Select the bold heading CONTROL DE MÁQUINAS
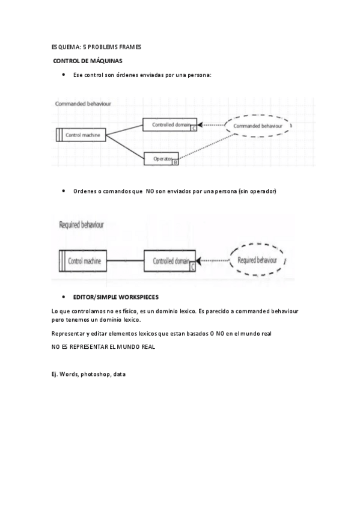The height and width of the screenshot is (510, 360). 88,61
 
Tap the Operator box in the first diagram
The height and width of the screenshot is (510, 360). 162,159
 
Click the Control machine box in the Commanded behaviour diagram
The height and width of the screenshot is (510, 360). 81,135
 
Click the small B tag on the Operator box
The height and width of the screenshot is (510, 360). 175,162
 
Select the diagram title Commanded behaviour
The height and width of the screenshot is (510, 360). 83,103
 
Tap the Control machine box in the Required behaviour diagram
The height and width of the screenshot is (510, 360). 84,262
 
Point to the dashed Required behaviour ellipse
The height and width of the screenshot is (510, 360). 257,260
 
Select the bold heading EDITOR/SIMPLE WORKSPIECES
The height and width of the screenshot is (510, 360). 116,297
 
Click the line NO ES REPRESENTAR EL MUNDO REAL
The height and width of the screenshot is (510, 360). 103,347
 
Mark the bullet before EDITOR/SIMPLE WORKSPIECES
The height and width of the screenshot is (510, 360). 64,297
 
